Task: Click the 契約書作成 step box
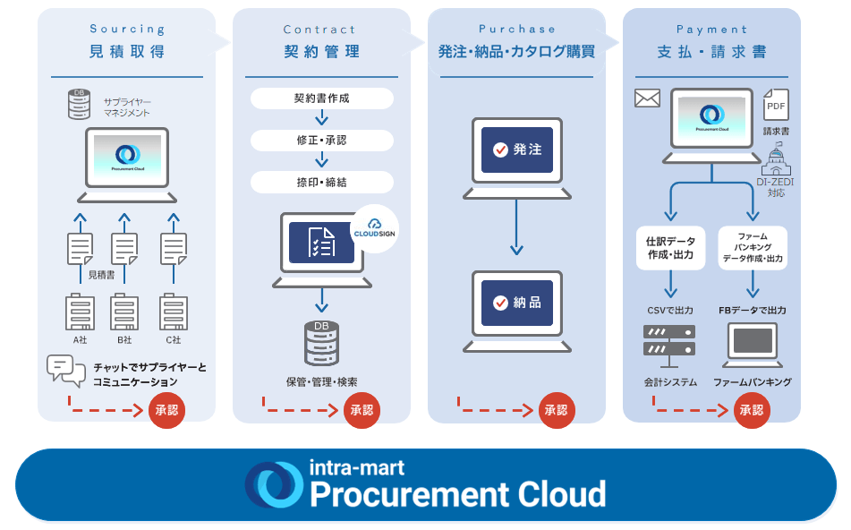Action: point(321,98)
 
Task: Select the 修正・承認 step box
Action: point(321,141)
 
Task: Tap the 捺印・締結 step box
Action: point(321,182)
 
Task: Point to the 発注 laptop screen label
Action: point(517,150)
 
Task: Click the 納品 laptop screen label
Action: point(517,303)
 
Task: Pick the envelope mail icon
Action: point(647,98)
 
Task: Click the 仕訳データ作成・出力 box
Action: point(670,248)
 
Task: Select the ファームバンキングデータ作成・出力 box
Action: point(753,248)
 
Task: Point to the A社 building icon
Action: point(80,312)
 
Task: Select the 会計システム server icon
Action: point(669,345)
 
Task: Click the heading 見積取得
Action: point(127,51)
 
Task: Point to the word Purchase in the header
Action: point(517,30)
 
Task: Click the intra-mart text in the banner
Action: point(356,467)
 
